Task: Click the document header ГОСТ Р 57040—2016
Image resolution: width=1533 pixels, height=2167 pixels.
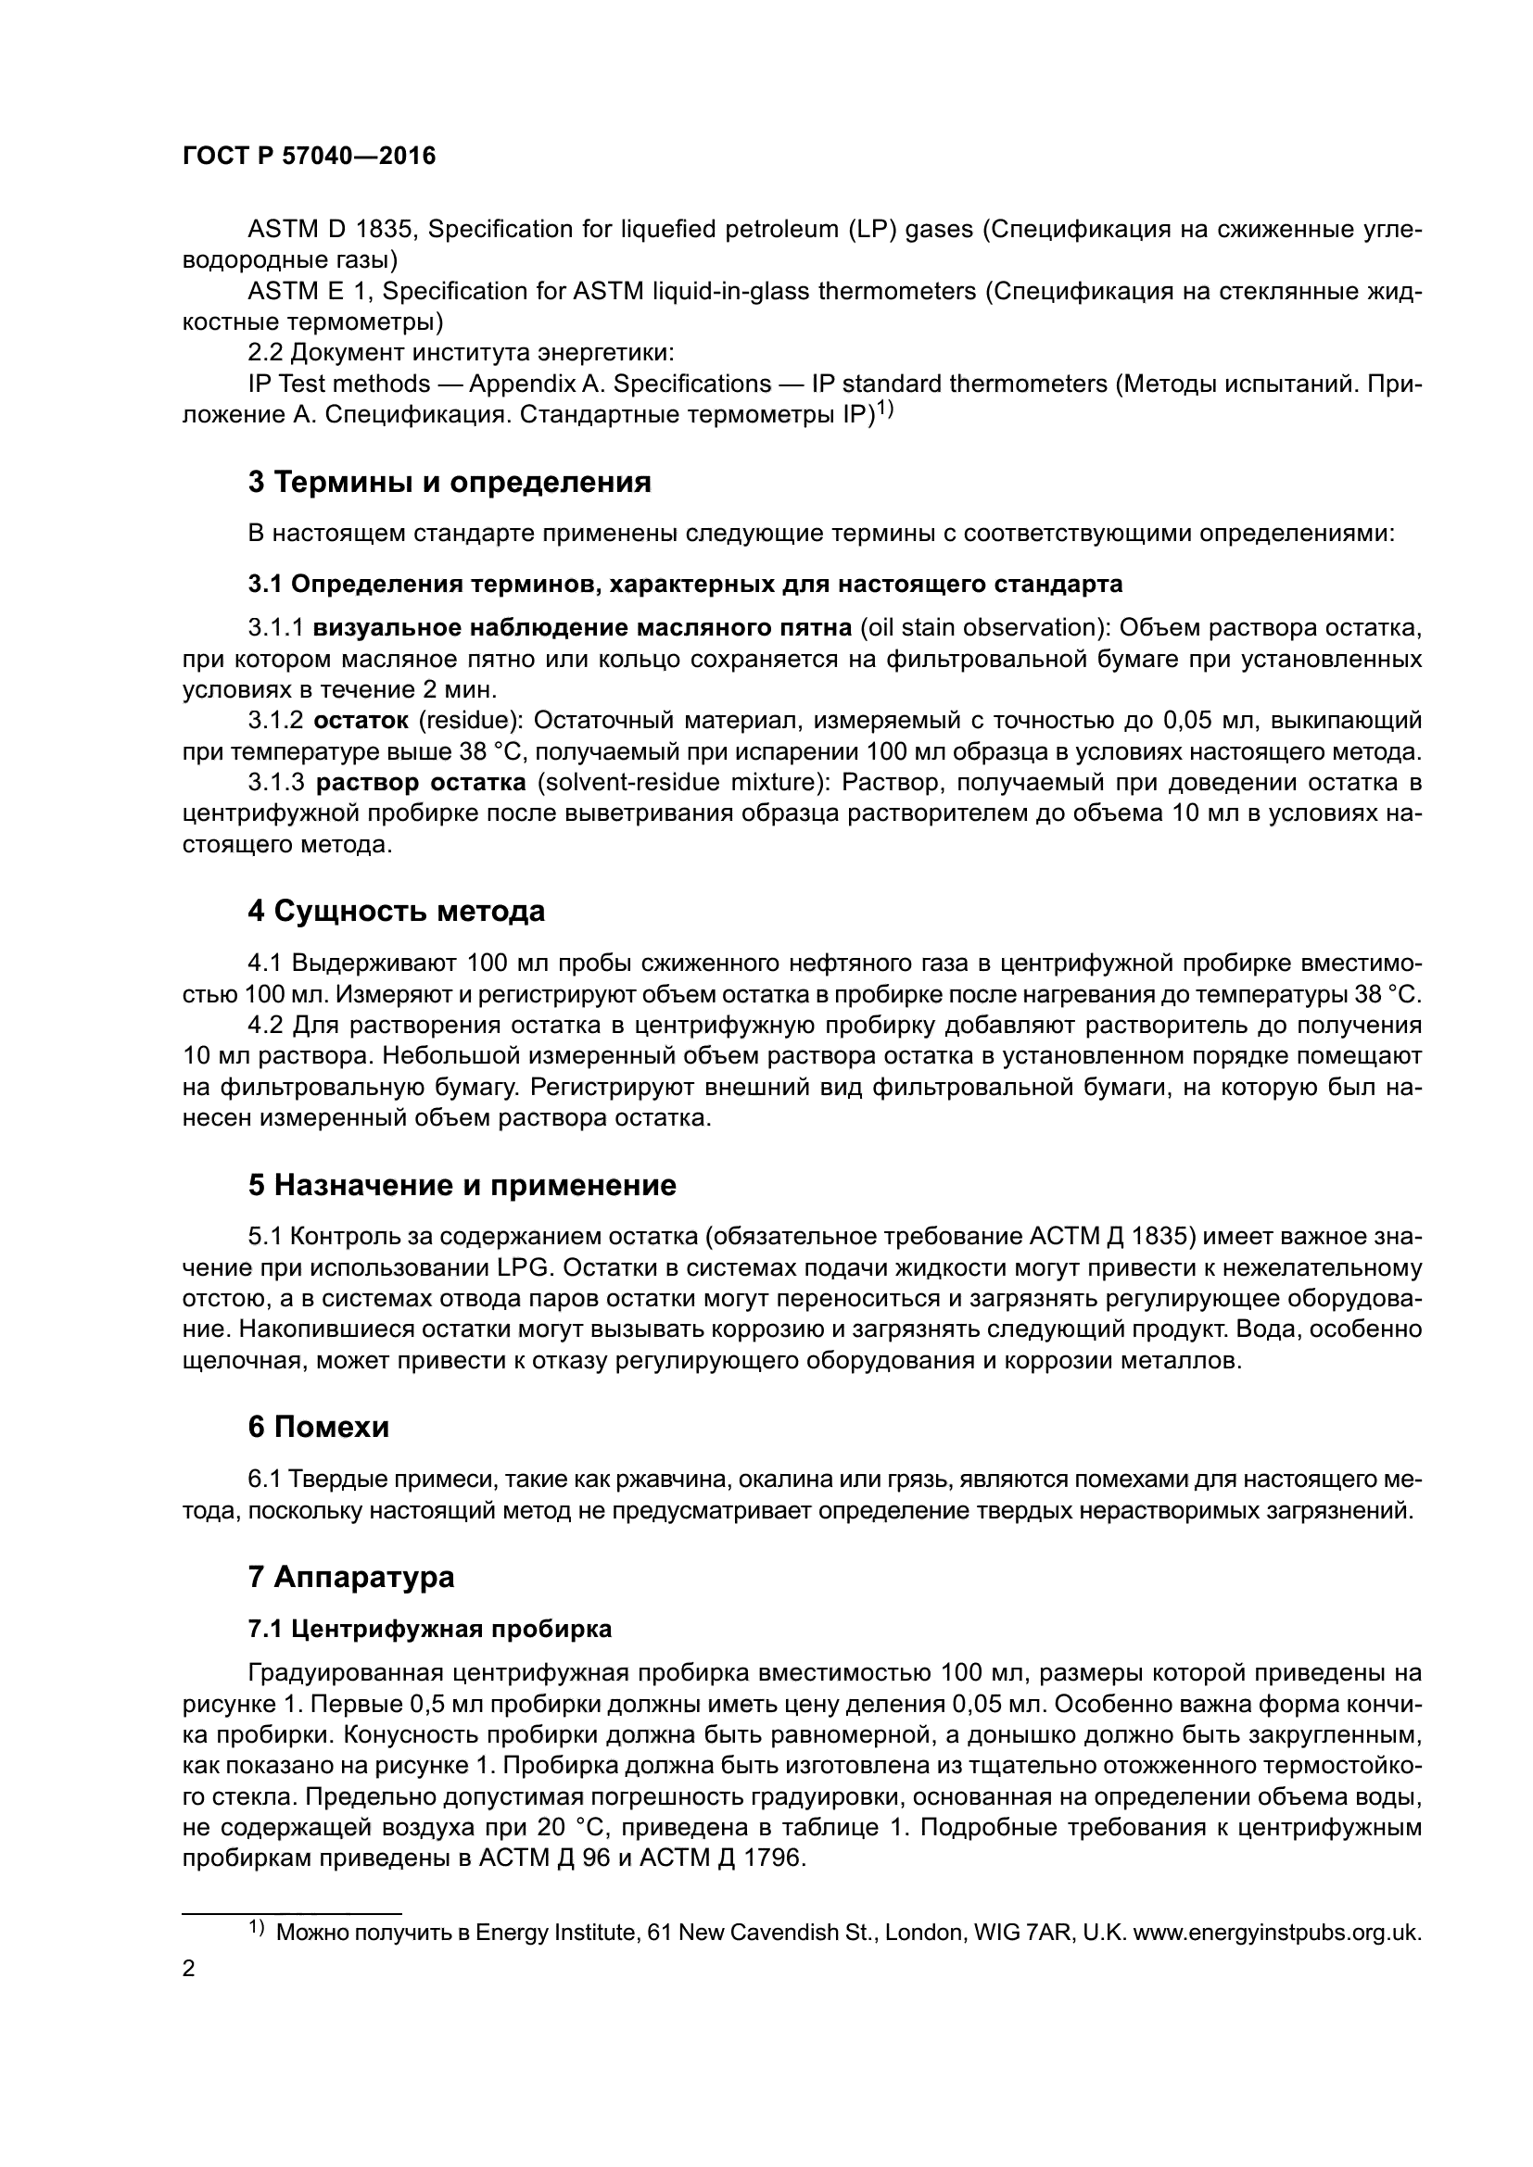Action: click(x=309, y=156)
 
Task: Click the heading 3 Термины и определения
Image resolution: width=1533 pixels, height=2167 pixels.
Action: click(x=450, y=483)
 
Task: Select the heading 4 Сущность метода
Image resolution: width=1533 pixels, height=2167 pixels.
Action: click(x=397, y=912)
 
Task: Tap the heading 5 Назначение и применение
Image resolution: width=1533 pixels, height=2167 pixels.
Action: click(x=462, y=1186)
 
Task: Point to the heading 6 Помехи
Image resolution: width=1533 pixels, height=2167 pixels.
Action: click(x=318, y=1427)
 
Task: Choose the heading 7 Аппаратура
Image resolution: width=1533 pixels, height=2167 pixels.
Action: click(x=351, y=1576)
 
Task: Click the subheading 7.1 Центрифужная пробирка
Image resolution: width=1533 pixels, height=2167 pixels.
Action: click(x=429, y=1629)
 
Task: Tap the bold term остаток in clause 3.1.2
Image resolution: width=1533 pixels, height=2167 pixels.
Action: click(x=361, y=721)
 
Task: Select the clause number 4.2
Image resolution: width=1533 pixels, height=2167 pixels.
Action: click(x=266, y=1025)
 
